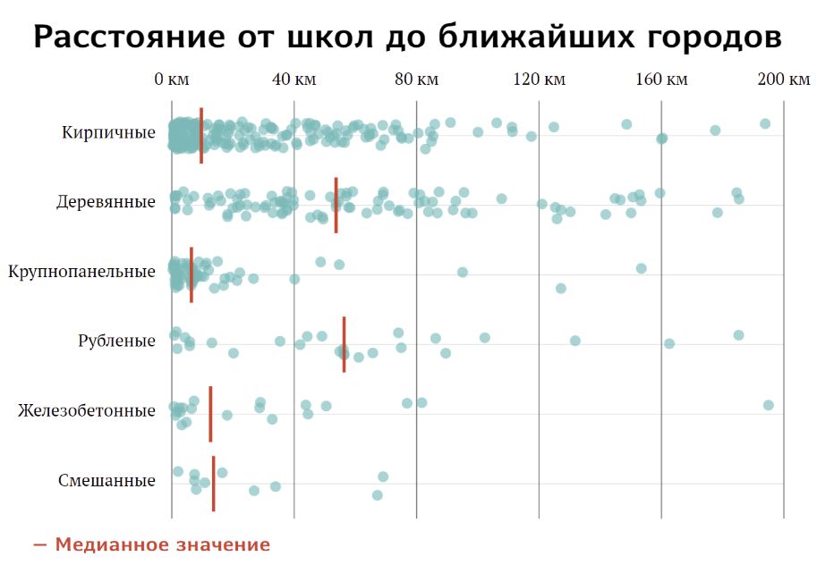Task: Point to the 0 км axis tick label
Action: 171,80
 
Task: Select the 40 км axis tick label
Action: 294,80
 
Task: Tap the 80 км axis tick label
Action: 416,80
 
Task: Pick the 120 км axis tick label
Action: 539,80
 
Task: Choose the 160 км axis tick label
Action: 661,80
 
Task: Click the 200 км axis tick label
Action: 783,80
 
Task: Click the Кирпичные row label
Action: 108,133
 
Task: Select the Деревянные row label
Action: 106,202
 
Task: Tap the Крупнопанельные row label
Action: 81,271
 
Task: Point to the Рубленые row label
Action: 116,341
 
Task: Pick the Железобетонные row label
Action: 86,410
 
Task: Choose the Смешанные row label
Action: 106,480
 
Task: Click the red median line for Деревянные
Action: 336,205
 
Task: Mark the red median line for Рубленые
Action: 344,344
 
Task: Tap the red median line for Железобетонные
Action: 210,414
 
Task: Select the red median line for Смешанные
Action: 213,484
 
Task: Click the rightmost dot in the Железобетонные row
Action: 768,405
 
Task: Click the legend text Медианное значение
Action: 162,544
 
